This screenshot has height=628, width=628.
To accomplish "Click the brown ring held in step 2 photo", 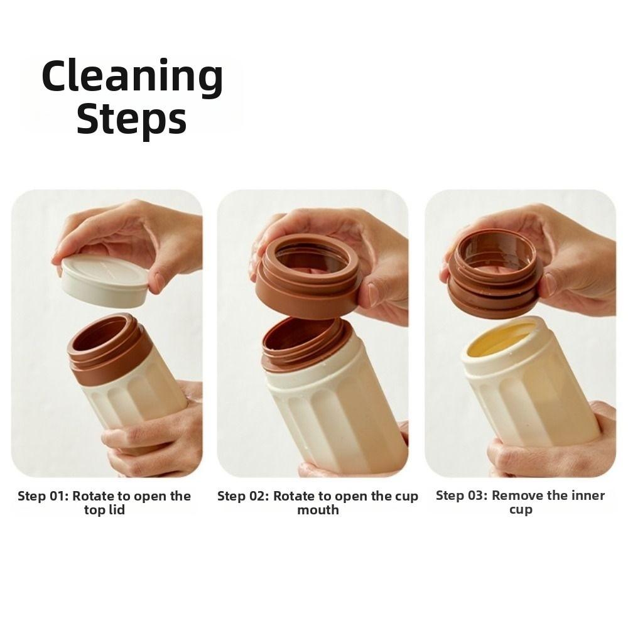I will pyautogui.click(x=308, y=283).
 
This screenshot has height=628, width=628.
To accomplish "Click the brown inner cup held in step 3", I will pyautogui.click(x=493, y=276).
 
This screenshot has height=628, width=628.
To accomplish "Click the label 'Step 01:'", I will pyautogui.click(x=43, y=496).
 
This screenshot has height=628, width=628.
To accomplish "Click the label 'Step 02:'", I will pyautogui.click(x=244, y=496).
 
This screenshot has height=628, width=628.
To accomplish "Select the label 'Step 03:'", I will pyautogui.click(x=462, y=495).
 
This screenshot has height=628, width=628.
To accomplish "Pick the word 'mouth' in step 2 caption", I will pyautogui.click(x=318, y=510).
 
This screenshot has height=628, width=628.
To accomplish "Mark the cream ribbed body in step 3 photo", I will pyautogui.click(x=534, y=402).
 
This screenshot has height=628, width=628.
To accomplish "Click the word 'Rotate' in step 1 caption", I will pyautogui.click(x=95, y=496).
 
